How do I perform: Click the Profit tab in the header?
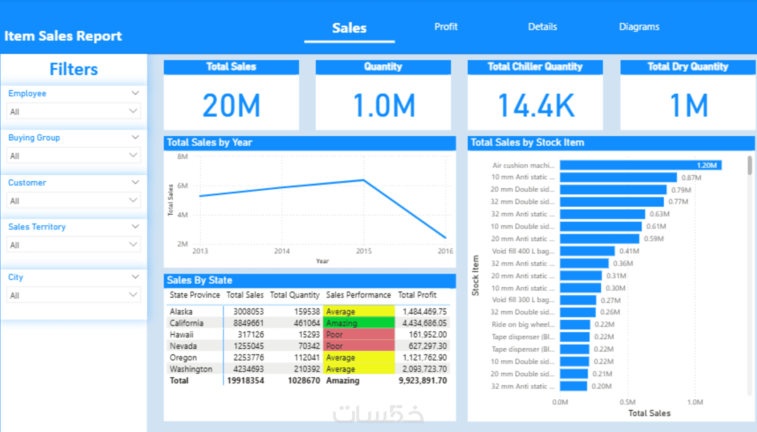point(446,27)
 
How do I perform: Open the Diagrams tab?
point(639,27)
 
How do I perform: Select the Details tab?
point(542,27)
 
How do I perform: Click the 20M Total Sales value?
point(231,106)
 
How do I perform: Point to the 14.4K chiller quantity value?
point(536,106)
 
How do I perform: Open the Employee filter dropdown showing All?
point(73,111)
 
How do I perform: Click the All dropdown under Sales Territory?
point(73,245)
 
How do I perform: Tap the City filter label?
point(16,277)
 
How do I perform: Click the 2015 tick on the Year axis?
point(364,251)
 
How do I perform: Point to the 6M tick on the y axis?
point(183,186)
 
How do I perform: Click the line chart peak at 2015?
point(364,180)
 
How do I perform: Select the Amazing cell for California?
point(358,323)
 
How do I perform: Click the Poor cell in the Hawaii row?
point(358,334)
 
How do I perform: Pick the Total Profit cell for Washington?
point(424,369)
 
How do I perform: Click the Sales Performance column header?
point(358,295)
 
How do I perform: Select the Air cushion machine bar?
point(640,165)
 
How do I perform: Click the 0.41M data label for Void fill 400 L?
point(629,251)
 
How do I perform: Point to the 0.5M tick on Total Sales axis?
point(627,402)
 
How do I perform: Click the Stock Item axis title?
point(476,275)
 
